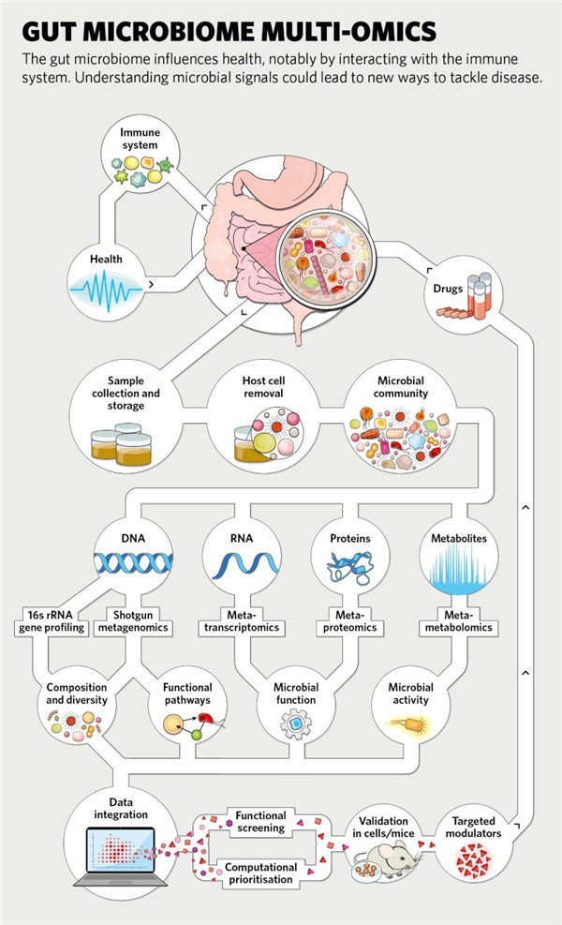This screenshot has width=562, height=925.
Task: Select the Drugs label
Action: coord(448,289)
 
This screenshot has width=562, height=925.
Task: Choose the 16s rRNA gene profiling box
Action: coord(52,619)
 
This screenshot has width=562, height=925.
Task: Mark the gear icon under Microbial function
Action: coord(295,724)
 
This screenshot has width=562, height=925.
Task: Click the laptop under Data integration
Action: coord(119,858)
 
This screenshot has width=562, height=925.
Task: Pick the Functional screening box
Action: coord(260,821)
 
